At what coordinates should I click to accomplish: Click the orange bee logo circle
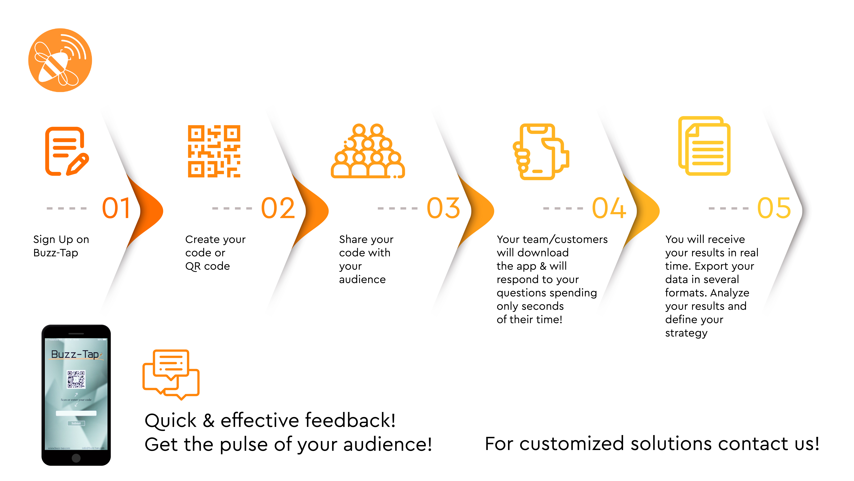click(x=60, y=60)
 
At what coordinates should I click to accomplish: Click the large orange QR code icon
click(x=214, y=151)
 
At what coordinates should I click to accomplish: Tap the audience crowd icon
click(x=368, y=151)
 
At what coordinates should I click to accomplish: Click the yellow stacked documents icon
click(x=704, y=146)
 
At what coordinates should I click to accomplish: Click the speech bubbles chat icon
click(x=171, y=374)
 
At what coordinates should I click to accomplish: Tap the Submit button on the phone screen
click(x=76, y=423)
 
